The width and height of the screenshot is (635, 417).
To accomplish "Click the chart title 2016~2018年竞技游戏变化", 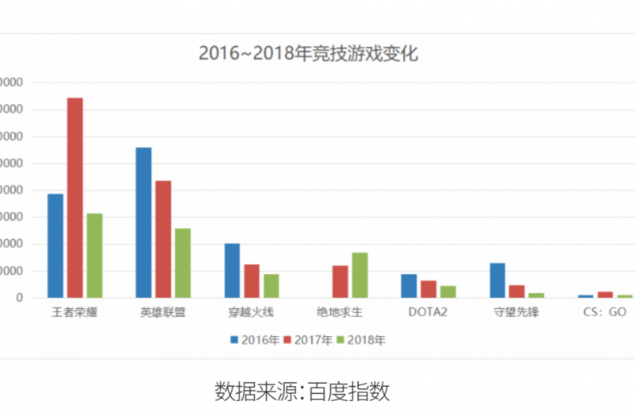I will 308,54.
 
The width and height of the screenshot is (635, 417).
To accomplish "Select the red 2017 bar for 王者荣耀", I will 75,198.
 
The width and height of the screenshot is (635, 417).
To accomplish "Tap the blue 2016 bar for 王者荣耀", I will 56,245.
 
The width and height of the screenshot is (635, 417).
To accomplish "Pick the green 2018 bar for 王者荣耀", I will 94,255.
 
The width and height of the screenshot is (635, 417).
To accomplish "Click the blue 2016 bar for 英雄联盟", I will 144,222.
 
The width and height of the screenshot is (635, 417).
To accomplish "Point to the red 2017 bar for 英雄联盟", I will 164,239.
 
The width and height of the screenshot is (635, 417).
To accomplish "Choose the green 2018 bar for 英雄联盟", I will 183,263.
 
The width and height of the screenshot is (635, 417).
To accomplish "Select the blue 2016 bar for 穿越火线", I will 232,270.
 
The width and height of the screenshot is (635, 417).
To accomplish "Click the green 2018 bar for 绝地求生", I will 360,275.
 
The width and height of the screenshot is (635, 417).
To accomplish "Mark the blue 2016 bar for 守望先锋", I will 497,280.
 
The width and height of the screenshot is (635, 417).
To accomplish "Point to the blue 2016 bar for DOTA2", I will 409,286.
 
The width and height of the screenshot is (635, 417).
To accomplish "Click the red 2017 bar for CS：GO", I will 605,295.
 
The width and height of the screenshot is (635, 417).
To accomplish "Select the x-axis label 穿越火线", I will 252,312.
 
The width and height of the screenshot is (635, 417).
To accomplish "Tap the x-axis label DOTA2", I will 428,312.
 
